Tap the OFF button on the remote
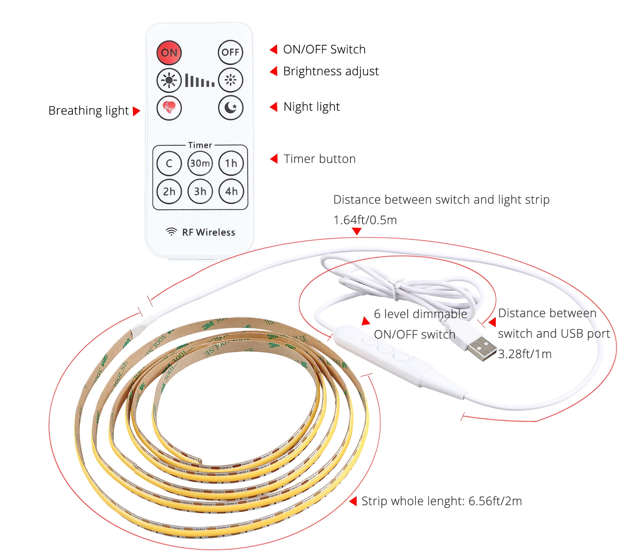point(230,52)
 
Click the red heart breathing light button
point(169,108)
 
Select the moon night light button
point(231,108)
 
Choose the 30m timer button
point(200,163)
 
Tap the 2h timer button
point(169,192)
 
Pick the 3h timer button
point(200,192)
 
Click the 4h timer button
point(231,192)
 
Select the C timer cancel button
point(169,163)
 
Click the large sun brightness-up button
point(169,80)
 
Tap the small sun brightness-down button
point(231,80)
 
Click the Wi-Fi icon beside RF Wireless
point(171,232)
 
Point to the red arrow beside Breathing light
point(136,111)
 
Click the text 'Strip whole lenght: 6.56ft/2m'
point(441,501)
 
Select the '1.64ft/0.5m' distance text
point(365,220)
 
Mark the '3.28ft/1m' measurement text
point(525,354)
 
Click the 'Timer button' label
point(320,159)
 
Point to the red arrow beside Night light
point(274,107)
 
